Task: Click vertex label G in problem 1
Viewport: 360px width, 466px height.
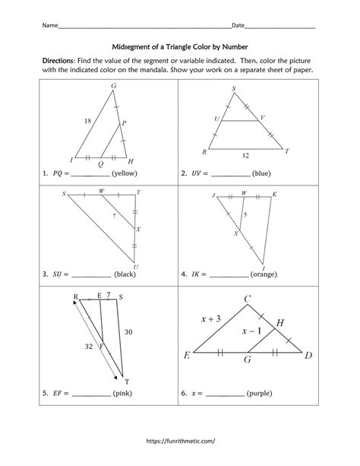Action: pos(113,86)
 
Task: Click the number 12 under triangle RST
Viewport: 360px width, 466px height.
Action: pos(246,155)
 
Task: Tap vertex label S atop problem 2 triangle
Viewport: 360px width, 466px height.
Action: pos(233,89)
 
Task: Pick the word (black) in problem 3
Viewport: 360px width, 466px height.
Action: pos(125,274)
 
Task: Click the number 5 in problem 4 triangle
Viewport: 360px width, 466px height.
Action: pos(245,215)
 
